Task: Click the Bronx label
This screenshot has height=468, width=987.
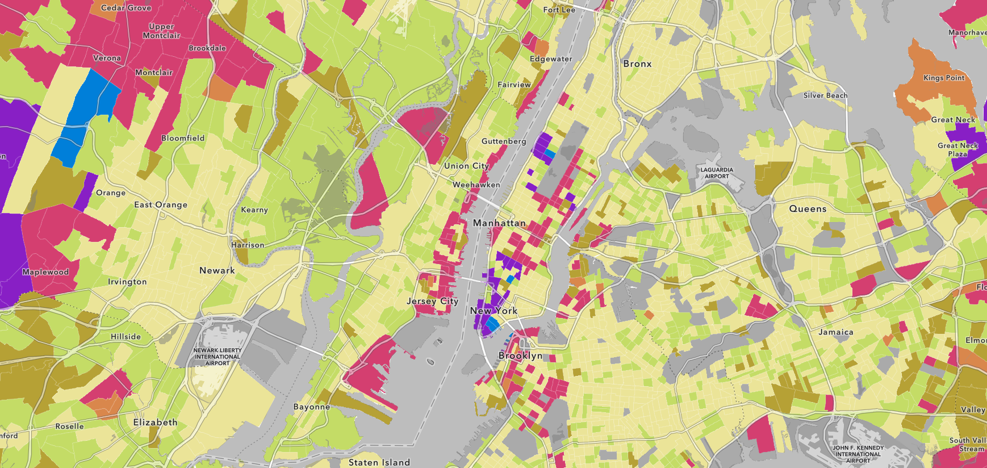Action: tap(637, 64)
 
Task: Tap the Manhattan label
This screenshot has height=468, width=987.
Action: tap(499, 223)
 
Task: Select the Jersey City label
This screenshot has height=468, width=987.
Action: tap(432, 301)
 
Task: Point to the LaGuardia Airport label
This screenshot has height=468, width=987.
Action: tap(717, 173)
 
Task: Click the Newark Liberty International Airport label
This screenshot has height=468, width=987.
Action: tap(218, 357)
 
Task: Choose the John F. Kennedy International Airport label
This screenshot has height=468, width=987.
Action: tap(858, 454)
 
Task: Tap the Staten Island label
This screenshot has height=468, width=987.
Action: tap(379, 462)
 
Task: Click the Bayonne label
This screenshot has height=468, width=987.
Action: tap(311, 407)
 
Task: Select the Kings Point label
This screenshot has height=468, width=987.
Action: tap(944, 78)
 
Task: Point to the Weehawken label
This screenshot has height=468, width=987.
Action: tap(476, 185)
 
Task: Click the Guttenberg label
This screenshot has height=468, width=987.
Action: tap(504, 141)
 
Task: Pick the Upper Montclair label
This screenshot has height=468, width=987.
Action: tap(161, 31)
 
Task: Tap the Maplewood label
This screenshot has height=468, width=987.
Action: tap(45, 272)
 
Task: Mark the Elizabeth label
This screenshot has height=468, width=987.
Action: tap(155, 423)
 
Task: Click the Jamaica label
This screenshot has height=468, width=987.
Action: tap(836, 332)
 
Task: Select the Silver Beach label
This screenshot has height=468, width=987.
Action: tap(825, 95)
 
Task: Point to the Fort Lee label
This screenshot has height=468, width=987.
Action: tap(559, 10)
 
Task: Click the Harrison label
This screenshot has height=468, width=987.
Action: tap(248, 245)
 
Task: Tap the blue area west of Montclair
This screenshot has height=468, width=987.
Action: tap(85, 114)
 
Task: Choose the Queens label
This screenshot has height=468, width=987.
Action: tap(808, 209)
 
